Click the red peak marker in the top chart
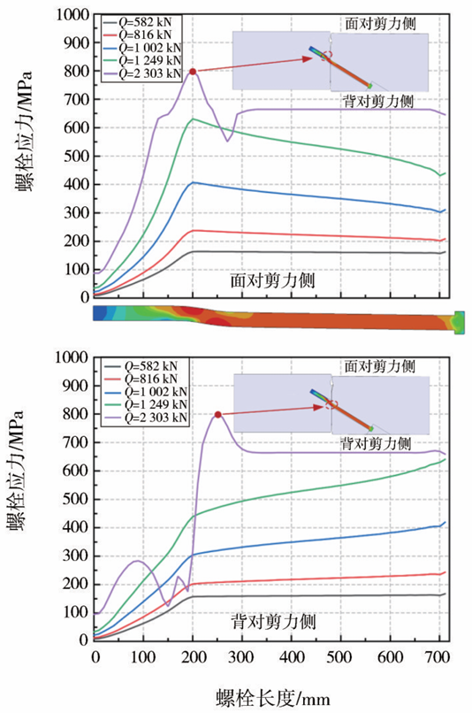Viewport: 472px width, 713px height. coord(193,72)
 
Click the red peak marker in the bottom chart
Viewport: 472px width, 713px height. coord(218,415)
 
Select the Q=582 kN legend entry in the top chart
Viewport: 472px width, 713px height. coord(141,22)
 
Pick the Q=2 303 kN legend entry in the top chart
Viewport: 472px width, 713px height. coord(141,73)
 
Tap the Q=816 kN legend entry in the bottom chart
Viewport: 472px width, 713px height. coord(141,379)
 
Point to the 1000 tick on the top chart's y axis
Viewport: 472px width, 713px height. coord(72,14)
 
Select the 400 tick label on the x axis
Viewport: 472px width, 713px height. coord(292,657)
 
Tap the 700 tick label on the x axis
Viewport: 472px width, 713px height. coord(438,657)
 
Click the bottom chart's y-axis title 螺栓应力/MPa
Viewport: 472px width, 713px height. coord(15,471)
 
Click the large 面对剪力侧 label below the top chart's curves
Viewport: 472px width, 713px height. coord(272,280)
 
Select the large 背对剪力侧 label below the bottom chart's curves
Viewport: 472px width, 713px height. coord(273,622)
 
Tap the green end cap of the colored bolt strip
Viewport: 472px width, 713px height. coord(460,322)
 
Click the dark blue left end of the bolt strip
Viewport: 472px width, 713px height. coord(100,313)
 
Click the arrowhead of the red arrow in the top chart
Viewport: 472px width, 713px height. coord(308,58)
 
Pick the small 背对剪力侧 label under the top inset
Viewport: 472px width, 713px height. coord(378,101)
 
